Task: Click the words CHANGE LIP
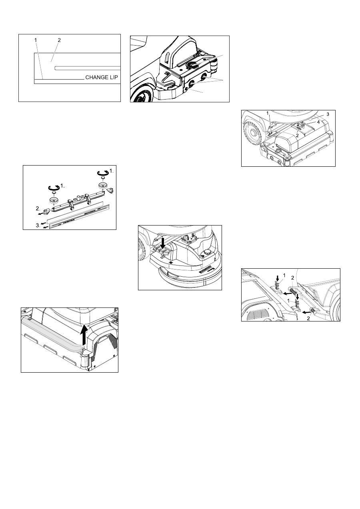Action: (102, 77)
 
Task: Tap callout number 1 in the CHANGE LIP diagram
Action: (36, 40)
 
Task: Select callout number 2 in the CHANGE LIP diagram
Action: (59, 40)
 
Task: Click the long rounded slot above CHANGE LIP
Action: (88, 68)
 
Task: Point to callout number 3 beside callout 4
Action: (328, 114)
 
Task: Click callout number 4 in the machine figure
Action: (318, 122)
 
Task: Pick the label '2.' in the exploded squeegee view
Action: (38, 208)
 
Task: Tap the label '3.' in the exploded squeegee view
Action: (38, 226)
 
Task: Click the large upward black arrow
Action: (84, 335)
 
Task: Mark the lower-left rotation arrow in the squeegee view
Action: (54, 188)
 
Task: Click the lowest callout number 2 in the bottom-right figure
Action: (308, 318)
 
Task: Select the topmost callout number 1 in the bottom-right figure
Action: (284, 275)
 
